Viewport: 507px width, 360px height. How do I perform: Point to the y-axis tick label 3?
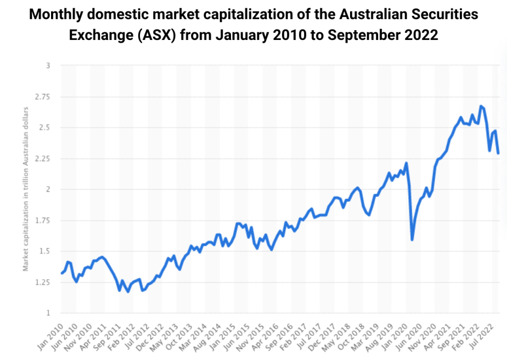(x=47, y=65)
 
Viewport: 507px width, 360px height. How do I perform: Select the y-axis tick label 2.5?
(x=43, y=128)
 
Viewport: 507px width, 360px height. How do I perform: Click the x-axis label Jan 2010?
(x=51, y=333)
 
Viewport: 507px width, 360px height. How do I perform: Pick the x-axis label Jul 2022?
(x=487, y=333)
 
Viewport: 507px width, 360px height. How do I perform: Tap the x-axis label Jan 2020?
(x=401, y=333)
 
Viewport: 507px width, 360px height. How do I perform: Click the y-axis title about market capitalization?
(x=26, y=189)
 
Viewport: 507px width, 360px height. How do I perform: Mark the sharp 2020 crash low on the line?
(x=412, y=240)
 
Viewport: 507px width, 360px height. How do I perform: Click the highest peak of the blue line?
(x=481, y=105)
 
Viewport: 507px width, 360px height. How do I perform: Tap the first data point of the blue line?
(x=61, y=273)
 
